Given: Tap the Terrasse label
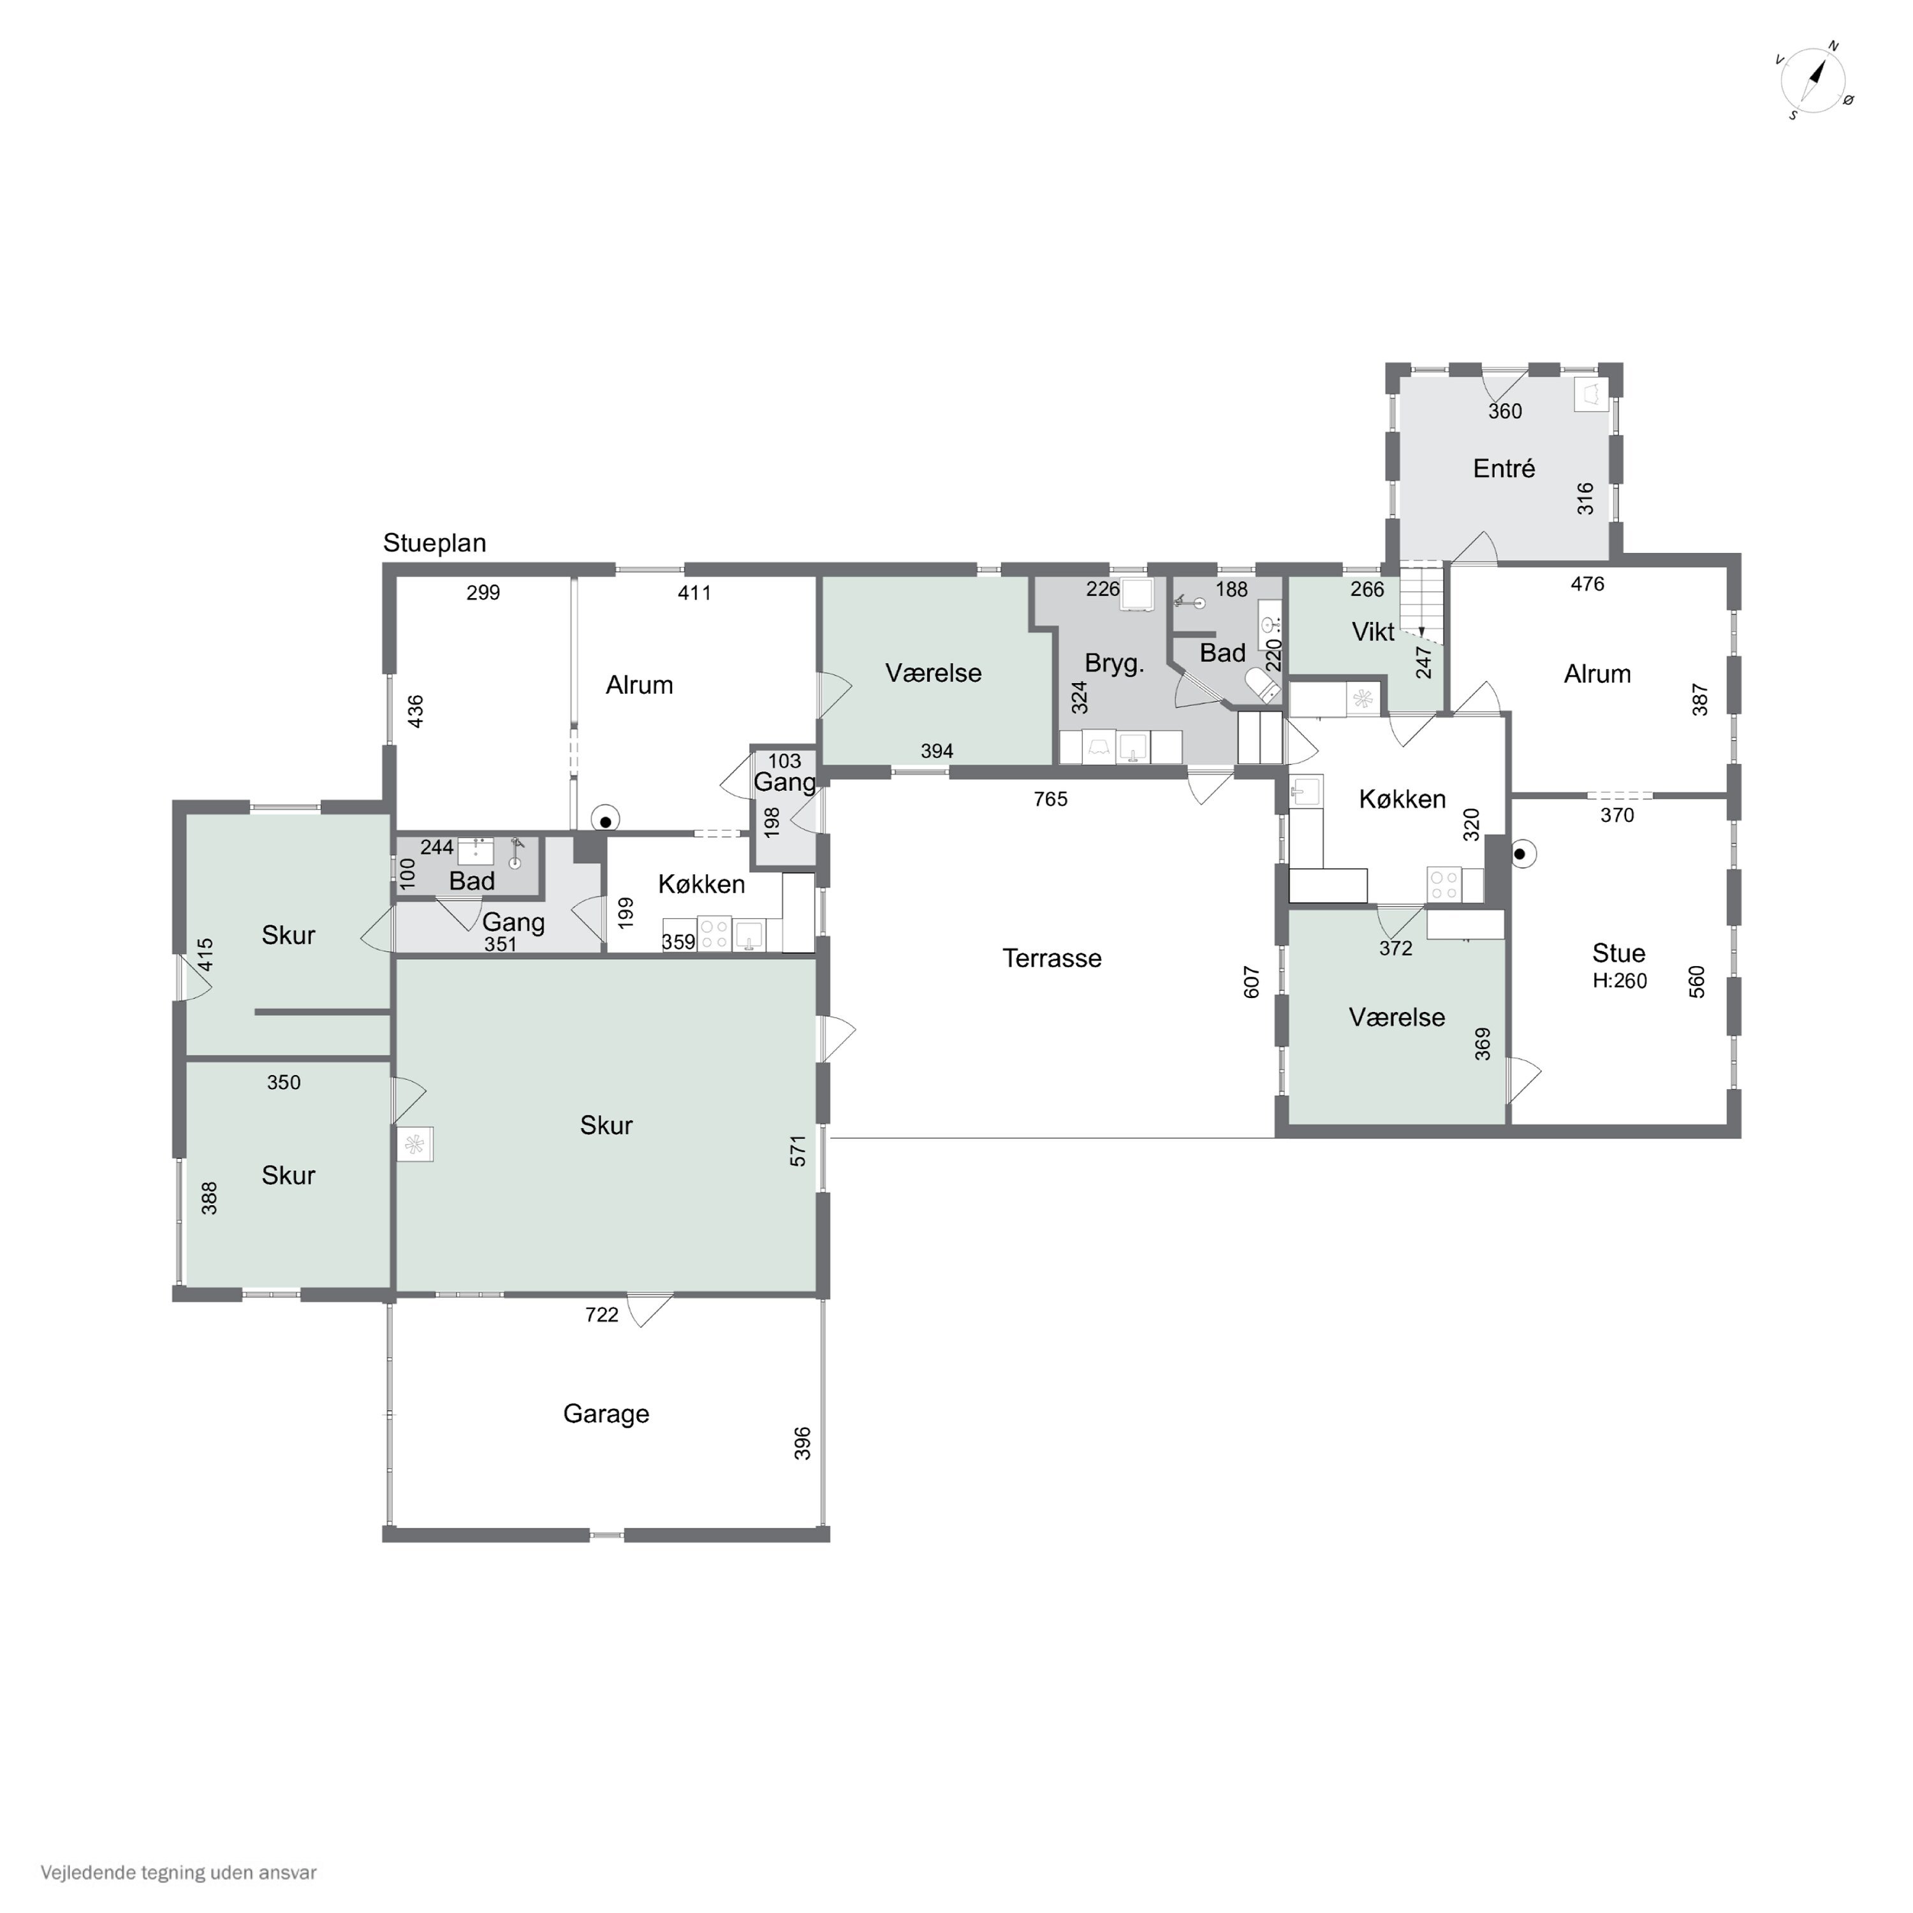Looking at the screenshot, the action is [1052, 958].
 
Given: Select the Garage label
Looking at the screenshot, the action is [606, 1414].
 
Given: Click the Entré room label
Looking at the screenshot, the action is [1504, 468].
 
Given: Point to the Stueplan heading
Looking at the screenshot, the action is [435, 543].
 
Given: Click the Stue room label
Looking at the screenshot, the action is [1619, 953].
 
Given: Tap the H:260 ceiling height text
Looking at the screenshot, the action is [1620, 981].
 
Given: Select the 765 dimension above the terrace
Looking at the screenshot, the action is [1051, 799].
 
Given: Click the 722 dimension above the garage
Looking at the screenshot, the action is [602, 1315].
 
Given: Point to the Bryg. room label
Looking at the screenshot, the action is [1115, 663].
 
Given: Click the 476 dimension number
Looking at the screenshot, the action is [1587, 584].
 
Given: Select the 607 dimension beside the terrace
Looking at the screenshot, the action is [1252, 982].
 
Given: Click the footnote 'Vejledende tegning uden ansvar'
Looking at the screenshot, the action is [179, 1872].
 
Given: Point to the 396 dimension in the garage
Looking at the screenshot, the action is [803, 1442].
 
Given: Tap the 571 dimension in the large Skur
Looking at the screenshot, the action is [799, 1150].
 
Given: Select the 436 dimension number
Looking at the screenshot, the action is [416, 711].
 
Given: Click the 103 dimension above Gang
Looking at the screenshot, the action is [784, 761].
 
